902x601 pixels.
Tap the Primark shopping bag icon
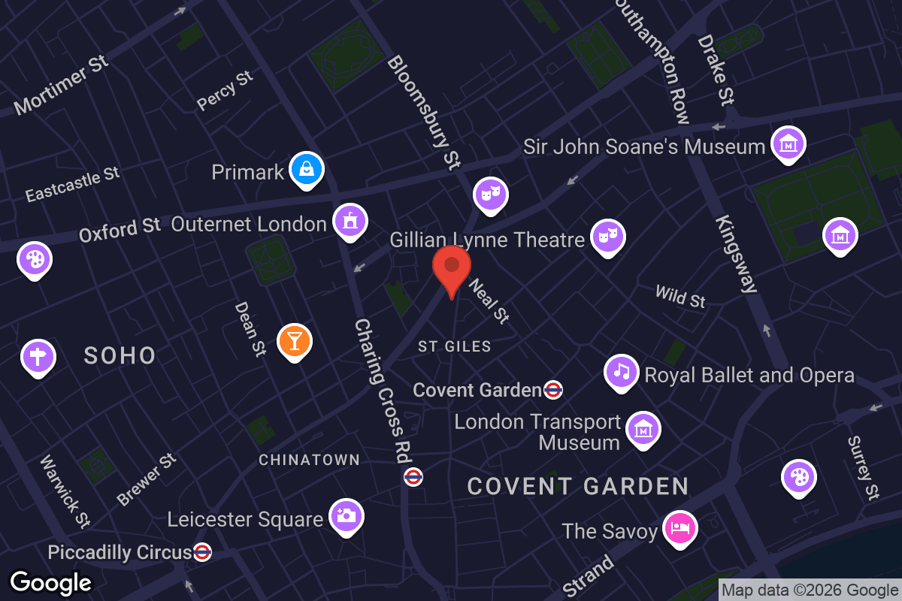[x=307, y=169]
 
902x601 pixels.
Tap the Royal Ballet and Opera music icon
[x=621, y=372]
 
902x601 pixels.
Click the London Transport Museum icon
[x=643, y=429]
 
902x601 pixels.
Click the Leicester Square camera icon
[x=347, y=516]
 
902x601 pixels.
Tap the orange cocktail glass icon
[x=294, y=340]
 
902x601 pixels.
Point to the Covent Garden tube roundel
[x=553, y=390]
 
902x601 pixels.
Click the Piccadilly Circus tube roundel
[x=202, y=552]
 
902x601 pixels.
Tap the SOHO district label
[x=120, y=355]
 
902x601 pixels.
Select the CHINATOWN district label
[x=310, y=460]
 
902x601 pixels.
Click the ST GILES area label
[x=455, y=346]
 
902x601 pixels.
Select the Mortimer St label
[x=62, y=84]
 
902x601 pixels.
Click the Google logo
[x=51, y=582]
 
